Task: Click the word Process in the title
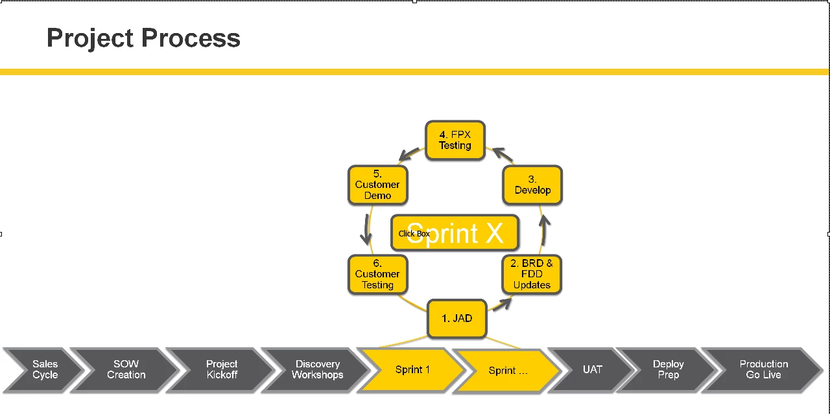click(x=191, y=38)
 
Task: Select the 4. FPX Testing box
click(x=455, y=140)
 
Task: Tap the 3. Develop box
click(x=532, y=185)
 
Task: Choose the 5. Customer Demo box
click(x=377, y=185)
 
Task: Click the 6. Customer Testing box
click(x=377, y=275)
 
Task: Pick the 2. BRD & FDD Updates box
click(x=532, y=275)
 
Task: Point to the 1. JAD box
click(x=457, y=319)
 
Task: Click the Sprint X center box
click(x=455, y=233)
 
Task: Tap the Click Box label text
click(x=414, y=234)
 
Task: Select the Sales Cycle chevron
click(x=43, y=369)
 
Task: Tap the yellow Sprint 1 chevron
click(x=412, y=369)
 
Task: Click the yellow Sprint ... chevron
click(x=508, y=371)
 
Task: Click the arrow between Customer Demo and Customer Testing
click(x=366, y=229)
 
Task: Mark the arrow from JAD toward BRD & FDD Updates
click(x=502, y=305)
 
